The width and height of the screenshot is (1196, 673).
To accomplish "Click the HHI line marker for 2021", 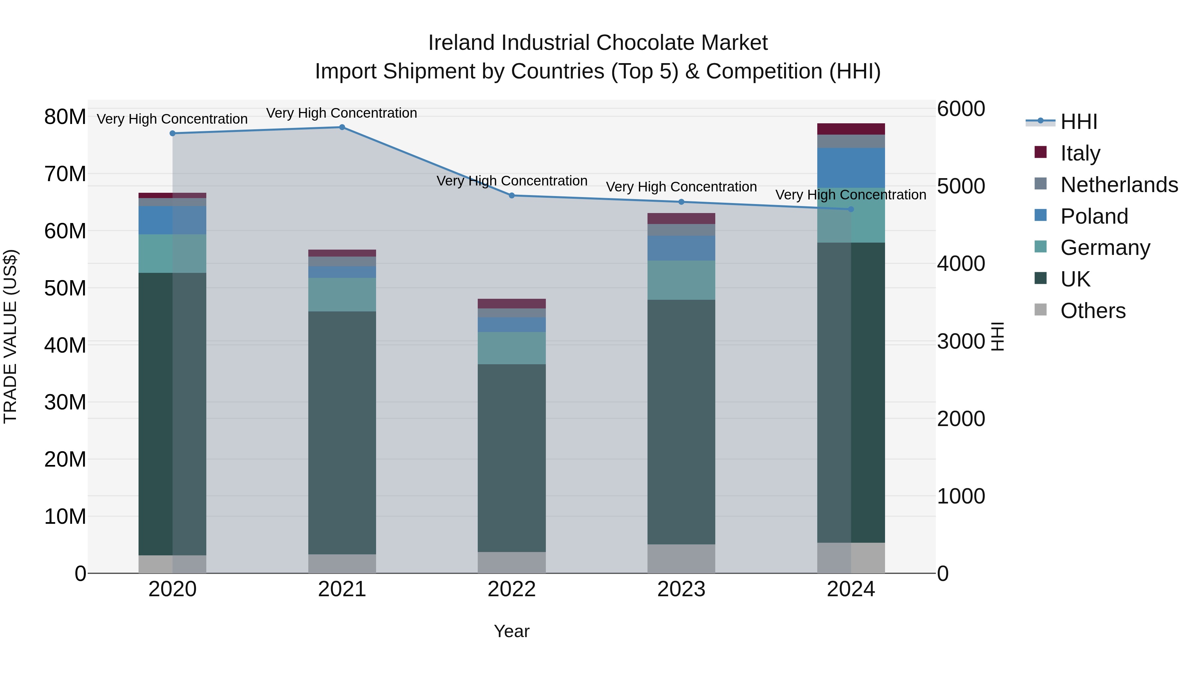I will (342, 127).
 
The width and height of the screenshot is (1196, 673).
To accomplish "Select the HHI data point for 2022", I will (512, 195).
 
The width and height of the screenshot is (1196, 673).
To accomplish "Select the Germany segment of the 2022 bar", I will (512, 348).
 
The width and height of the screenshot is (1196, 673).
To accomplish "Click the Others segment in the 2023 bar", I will (681, 559).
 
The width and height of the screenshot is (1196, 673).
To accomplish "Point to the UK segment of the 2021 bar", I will (342, 432).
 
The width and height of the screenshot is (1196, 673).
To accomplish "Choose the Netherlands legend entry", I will (1119, 185).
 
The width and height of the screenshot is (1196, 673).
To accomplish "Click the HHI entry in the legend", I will (1078, 122).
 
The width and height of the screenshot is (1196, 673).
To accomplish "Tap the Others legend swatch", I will (1041, 310).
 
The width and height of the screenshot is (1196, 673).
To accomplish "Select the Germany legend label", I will (1105, 248).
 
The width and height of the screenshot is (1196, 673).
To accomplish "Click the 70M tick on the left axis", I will (65, 174).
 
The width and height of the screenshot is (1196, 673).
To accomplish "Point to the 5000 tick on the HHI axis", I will (960, 186).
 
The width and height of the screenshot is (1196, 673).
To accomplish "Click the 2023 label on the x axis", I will (681, 589).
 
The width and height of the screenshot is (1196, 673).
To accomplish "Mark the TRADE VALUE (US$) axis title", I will (10, 336).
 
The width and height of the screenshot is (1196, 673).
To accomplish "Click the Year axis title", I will (512, 631).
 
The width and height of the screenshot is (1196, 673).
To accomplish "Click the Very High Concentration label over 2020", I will (172, 119).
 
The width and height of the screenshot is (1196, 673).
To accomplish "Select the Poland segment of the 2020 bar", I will (172, 220).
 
